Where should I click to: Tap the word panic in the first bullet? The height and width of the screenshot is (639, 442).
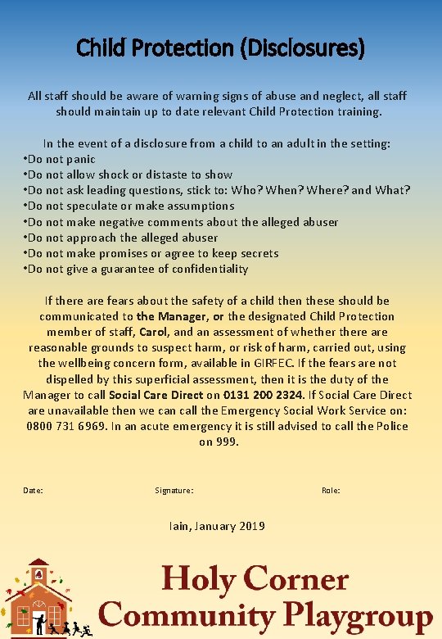[x=80, y=159]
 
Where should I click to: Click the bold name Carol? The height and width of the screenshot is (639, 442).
[x=153, y=332]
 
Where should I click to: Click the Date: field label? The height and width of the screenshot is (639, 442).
[x=34, y=491]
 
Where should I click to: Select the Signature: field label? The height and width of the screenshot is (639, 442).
[x=174, y=491]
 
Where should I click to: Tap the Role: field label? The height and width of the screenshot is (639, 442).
[x=331, y=491]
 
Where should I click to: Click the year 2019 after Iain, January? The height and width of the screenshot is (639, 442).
[x=250, y=526]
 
